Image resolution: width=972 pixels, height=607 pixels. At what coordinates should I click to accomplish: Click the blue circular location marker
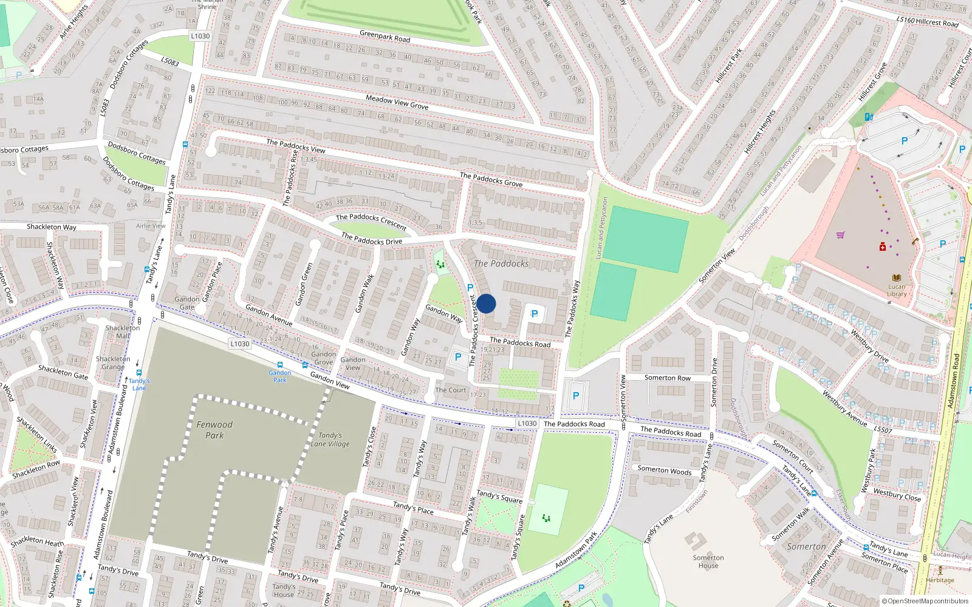coord(486,303)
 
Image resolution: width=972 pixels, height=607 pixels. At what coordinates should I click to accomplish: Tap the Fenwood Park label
coord(214,430)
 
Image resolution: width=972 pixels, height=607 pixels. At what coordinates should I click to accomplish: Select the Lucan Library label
coord(897,290)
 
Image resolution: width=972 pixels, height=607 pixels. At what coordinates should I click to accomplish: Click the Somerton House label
coord(708,561)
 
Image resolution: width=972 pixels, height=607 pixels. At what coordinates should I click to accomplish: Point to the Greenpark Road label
coord(385,36)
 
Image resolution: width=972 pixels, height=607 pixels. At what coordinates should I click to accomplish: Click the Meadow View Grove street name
coord(397,101)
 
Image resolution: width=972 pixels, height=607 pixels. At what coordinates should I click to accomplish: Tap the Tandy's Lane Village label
coord(330,439)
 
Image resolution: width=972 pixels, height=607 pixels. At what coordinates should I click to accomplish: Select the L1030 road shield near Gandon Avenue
coord(239,344)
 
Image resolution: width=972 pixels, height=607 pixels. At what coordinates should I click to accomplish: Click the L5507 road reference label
coord(883,430)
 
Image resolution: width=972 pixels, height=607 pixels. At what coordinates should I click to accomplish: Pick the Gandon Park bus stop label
coord(279,376)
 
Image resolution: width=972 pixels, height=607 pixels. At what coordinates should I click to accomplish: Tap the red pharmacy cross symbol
coord(883,246)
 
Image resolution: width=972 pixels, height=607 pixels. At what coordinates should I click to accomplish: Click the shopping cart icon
coord(841,235)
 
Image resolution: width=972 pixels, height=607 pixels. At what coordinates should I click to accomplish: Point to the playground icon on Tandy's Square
coord(546,518)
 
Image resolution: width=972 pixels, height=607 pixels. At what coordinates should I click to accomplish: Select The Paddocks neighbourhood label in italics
coord(501,263)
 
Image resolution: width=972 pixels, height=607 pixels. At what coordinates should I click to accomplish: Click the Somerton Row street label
coord(667,378)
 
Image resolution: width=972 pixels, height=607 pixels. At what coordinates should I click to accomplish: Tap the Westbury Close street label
coord(897,495)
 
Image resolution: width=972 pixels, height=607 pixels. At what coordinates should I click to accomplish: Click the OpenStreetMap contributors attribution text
coord(925,601)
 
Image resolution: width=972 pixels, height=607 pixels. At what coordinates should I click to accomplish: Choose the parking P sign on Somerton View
coord(576,396)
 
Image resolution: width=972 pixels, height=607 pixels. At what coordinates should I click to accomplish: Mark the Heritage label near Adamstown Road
coord(940,580)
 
